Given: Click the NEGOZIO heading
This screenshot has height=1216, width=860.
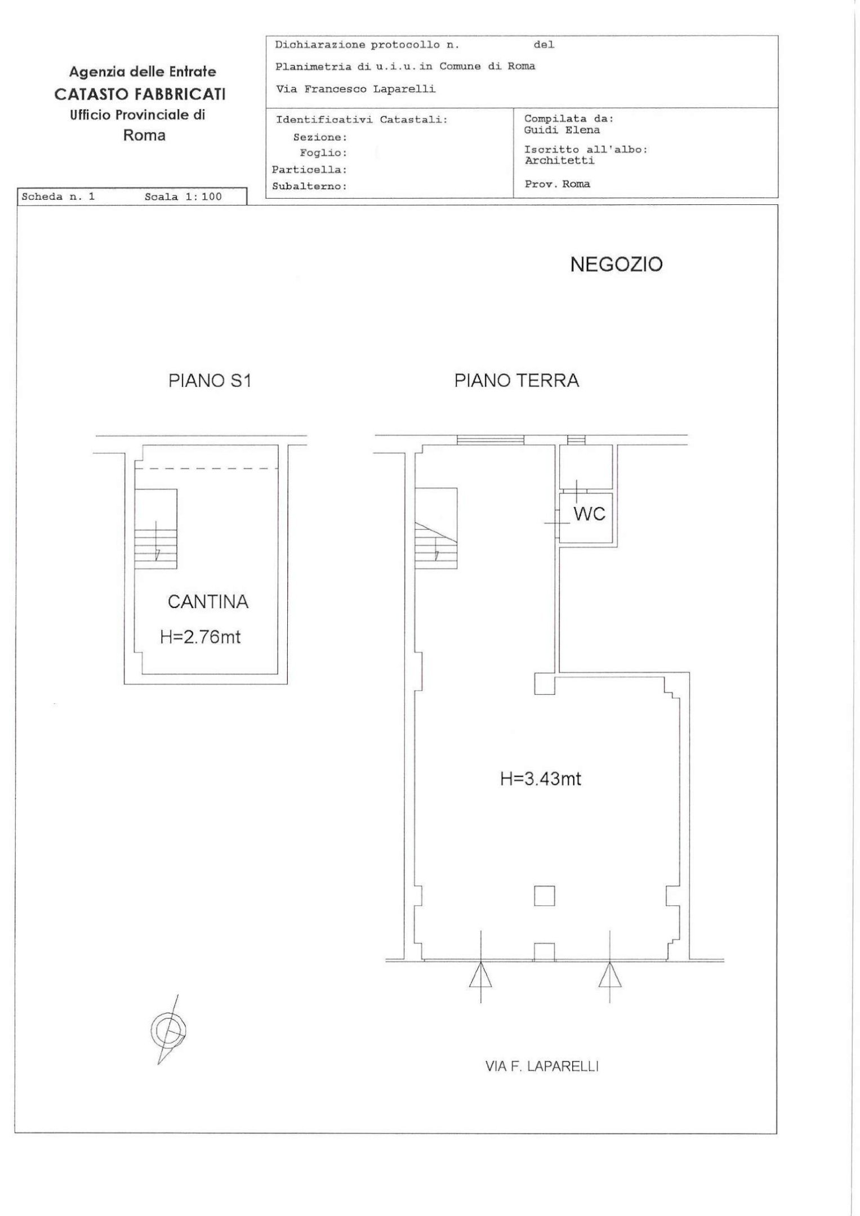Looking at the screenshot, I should (616, 265).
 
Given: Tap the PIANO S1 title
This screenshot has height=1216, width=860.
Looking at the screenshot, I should (210, 381).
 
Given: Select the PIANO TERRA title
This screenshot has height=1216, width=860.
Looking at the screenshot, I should (516, 381).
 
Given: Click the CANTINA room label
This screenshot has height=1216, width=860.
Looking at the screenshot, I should (208, 602).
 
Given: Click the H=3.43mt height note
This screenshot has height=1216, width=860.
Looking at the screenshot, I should (540, 779).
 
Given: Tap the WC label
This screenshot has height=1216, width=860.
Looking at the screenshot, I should (589, 513).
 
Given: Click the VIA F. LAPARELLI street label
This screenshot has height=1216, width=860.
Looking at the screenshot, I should (541, 1066).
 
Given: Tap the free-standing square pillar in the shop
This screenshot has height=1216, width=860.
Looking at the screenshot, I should (544, 895).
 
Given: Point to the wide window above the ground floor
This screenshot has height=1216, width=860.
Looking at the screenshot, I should (490, 440).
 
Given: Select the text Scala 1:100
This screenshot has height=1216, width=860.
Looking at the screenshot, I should (183, 197).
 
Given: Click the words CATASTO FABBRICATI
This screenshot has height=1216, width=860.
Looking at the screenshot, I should (140, 94).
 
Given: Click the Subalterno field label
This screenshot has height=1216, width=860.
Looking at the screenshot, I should (309, 187).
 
